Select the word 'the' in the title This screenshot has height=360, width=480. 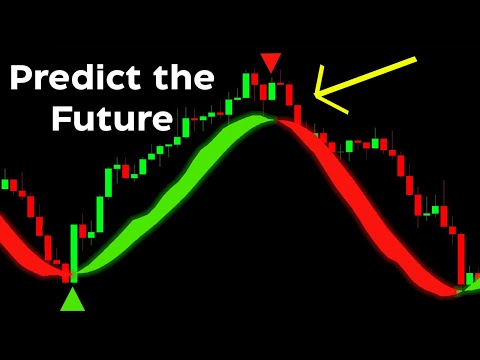(x=187, y=78)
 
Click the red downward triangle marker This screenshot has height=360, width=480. (x=270, y=62)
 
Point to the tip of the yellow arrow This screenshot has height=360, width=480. (x=315, y=95)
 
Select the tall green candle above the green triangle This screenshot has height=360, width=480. (x=73, y=250)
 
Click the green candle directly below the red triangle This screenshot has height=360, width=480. (x=270, y=91)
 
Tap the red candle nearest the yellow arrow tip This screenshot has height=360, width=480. (x=297, y=108)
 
